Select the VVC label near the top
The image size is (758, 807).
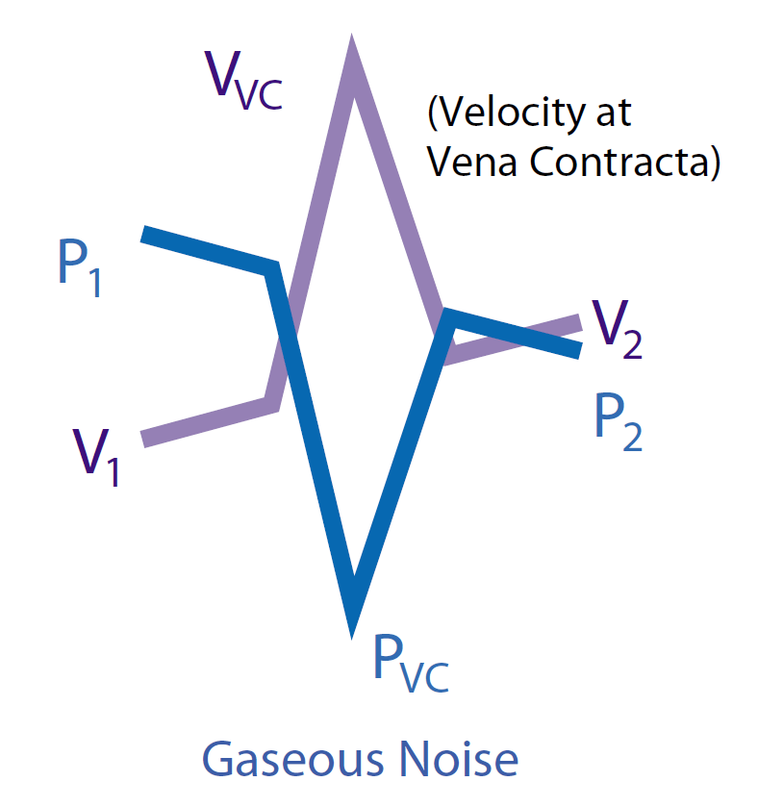pos(243,76)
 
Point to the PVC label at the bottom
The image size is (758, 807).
pos(410,663)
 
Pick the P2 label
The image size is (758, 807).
pos(618,422)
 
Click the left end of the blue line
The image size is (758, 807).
pos(144,234)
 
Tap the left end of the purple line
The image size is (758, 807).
pos(144,440)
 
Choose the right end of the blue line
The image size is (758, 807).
pos(579,351)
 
